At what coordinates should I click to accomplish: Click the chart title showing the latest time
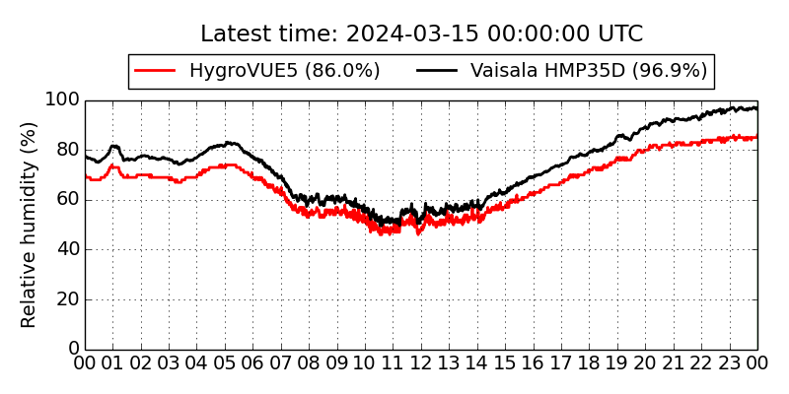421,34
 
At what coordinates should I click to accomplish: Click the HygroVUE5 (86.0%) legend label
284,71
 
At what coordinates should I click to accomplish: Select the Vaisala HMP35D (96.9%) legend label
589,71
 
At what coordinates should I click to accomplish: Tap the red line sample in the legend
155,71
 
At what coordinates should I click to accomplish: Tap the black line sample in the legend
437,71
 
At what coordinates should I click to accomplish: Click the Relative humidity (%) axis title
29,225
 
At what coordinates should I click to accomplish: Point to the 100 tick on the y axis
61,100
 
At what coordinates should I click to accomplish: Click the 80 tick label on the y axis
66,151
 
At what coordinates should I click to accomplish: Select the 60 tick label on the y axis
66,200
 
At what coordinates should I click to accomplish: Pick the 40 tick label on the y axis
66,249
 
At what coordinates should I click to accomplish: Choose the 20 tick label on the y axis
66,299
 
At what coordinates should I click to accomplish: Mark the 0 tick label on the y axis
72,349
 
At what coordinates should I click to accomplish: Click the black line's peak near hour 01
113,146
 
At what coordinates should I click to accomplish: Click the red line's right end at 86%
756,136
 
